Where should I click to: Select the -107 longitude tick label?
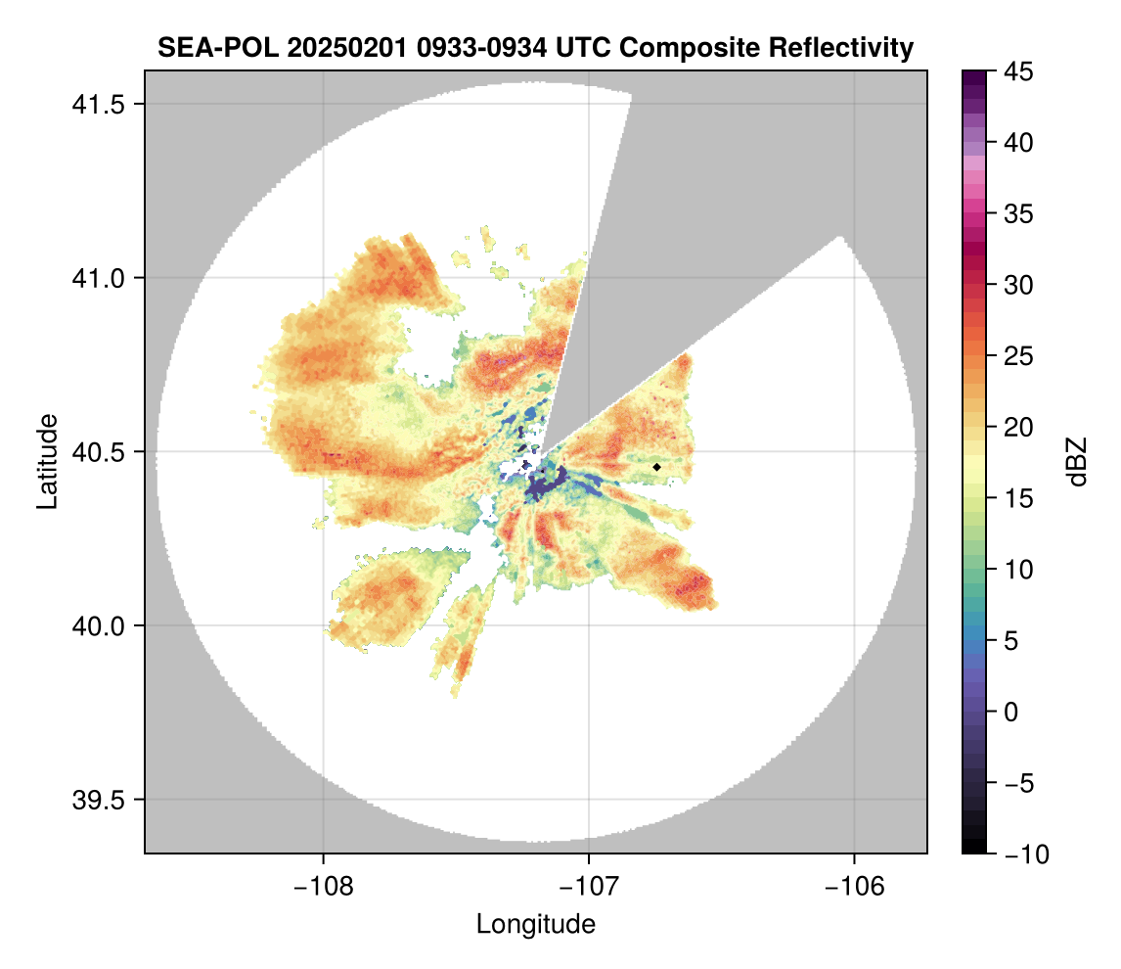(589, 887)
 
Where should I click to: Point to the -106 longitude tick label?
(855, 887)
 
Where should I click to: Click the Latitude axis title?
(47, 461)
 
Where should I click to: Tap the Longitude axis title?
(536, 924)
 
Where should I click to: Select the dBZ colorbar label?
(1077, 461)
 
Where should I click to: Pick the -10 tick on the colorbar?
(1021, 854)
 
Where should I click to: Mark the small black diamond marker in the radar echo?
(657, 467)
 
